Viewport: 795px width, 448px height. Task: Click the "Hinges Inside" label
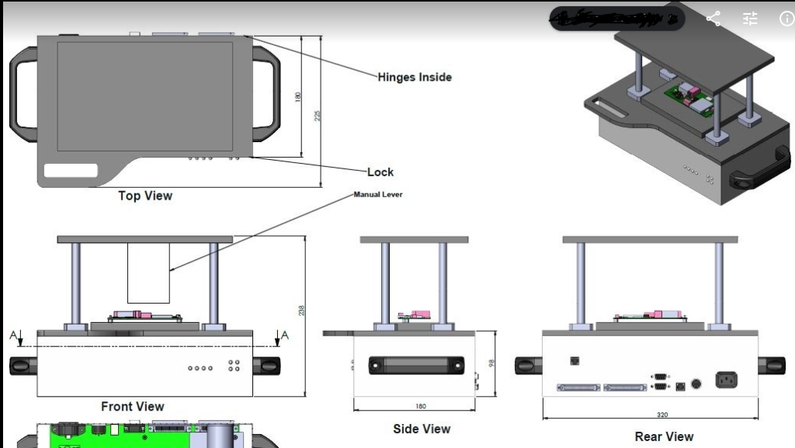(414, 78)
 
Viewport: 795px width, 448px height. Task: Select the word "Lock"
(380, 172)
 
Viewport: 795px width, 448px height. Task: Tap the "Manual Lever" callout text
(378, 194)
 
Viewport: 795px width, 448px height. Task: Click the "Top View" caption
(145, 196)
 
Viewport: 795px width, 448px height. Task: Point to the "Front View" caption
(133, 406)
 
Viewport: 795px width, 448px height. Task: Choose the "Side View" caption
(422, 429)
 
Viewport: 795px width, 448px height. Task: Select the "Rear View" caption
(664, 436)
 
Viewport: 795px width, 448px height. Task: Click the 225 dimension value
(317, 114)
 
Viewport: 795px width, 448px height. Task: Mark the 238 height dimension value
(301, 310)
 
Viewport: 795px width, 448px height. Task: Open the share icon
(713, 19)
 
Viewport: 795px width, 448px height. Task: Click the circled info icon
(786, 19)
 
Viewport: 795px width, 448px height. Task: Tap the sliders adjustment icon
(750, 19)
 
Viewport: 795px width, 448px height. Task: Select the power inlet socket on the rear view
(726, 380)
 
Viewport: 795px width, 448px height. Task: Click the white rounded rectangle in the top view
(71, 171)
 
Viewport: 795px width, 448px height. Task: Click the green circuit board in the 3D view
(689, 97)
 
